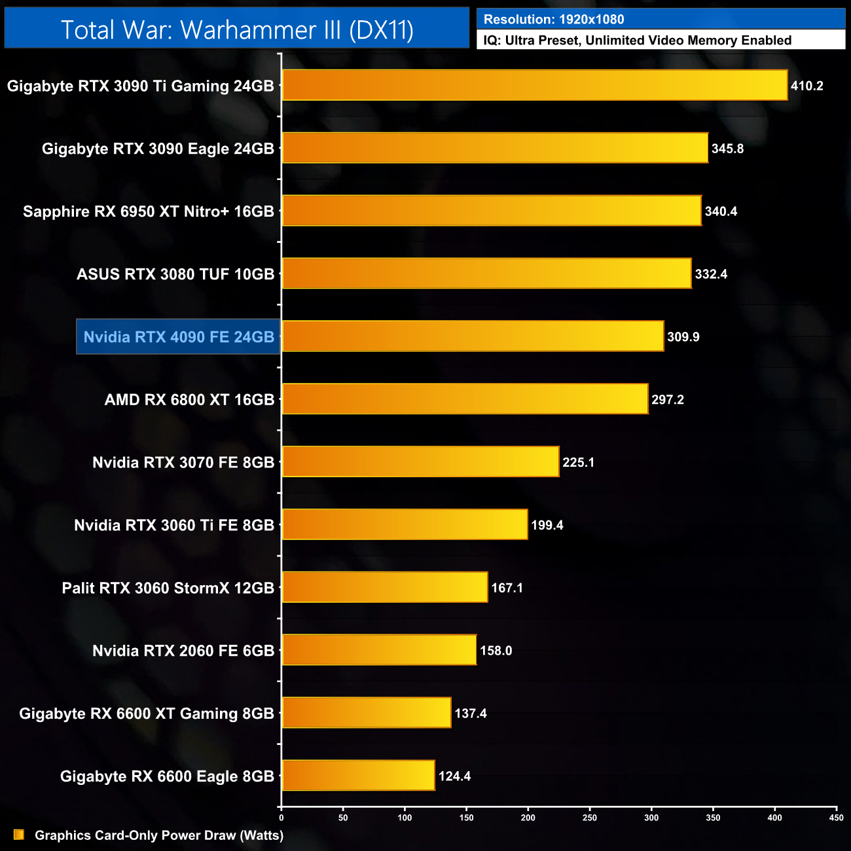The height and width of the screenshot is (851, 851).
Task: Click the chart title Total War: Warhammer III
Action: coord(237,30)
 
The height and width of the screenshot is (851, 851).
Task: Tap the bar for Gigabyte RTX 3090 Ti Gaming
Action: coord(534,86)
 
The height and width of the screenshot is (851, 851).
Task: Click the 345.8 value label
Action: coord(727,149)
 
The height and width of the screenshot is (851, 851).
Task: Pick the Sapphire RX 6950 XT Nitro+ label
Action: coord(149,211)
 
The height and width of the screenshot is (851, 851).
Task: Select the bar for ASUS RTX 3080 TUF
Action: coord(486,274)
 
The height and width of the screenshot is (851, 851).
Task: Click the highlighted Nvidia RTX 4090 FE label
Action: coord(179,337)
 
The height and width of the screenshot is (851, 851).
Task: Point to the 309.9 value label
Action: coord(683,337)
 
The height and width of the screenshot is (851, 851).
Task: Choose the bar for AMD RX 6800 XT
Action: coord(465,399)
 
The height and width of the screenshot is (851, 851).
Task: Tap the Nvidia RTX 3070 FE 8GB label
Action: coord(183,463)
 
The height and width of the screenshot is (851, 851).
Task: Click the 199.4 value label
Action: coord(547,525)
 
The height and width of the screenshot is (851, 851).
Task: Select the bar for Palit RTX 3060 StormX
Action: coord(385,588)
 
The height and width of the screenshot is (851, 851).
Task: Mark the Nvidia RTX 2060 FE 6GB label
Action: coord(183,651)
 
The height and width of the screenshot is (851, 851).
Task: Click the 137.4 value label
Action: coord(470,714)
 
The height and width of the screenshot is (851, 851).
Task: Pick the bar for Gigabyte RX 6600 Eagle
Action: coord(358,776)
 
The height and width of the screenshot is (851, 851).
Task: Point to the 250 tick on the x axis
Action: coord(590,818)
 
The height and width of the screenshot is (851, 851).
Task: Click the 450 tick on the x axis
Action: coord(836,818)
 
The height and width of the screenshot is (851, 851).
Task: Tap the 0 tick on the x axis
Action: coord(281,818)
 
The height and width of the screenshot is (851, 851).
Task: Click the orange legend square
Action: coord(19,835)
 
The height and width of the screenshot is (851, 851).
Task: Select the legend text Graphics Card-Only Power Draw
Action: coord(159,835)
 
